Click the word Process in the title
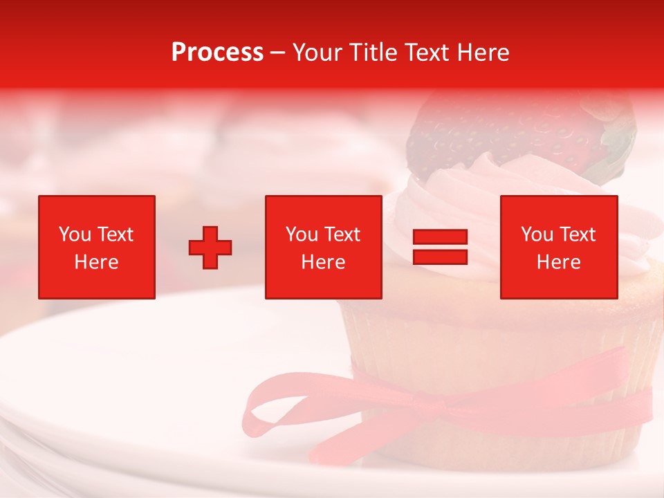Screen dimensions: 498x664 217,53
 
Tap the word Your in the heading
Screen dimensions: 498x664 317,53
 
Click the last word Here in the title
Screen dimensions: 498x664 483,53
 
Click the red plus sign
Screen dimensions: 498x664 210,247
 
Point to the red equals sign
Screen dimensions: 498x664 440,247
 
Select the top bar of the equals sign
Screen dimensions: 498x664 440,237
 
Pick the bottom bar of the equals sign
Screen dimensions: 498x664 440,257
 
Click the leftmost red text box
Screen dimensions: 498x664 96,247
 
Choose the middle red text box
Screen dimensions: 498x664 323,247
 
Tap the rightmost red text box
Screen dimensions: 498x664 558,247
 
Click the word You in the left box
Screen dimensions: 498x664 75,234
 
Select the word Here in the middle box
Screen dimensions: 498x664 323,262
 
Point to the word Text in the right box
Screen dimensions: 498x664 577,234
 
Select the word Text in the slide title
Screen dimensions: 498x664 426,53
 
